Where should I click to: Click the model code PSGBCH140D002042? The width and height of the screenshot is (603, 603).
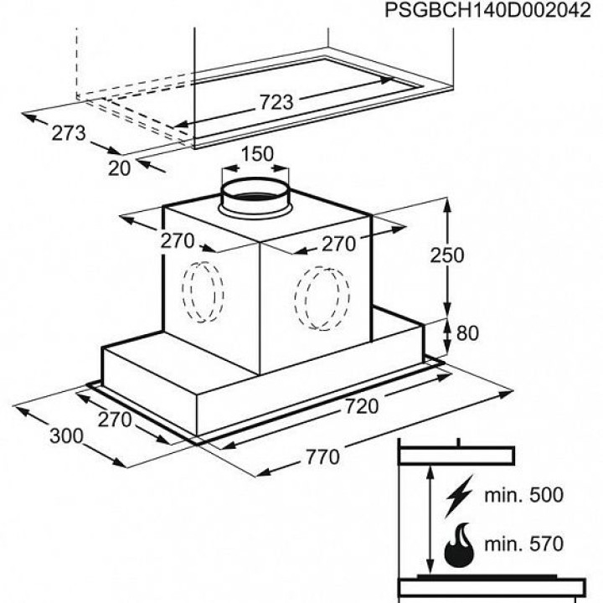pyautogui.click(x=487, y=10)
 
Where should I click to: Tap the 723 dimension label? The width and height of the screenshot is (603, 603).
pyautogui.click(x=276, y=102)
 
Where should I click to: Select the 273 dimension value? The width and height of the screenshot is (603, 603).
pyautogui.click(x=69, y=133)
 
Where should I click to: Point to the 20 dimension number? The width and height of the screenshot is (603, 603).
pyautogui.click(x=119, y=168)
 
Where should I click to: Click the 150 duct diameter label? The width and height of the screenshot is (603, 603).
pyautogui.click(x=257, y=154)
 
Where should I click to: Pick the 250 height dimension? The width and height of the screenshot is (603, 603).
pyautogui.click(x=447, y=255)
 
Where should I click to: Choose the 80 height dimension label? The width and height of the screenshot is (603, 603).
pyautogui.click(x=467, y=333)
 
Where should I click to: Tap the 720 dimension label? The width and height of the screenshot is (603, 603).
pyautogui.click(x=362, y=406)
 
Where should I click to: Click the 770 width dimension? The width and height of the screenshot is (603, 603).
pyautogui.click(x=322, y=457)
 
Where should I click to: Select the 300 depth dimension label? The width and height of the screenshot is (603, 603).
pyautogui.click(x=66, y=436)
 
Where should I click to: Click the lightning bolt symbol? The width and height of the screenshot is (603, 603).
pyautogui.click(x=459, y=497)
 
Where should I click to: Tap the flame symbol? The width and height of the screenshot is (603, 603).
pyautogui.click(x=459, y=545)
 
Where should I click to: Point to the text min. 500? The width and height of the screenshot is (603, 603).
pyautogui.click(x=523, y=495)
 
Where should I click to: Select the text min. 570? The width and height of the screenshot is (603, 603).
pyautogui.click(x=523, y=544)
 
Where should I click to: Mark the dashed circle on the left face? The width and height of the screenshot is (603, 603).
pyautogui.click(x=203, y=292)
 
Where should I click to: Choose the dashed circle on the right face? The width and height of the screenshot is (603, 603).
pyautogui.click(x=322, y=298)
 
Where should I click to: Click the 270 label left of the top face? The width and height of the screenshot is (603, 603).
pyautogui.click(x=178, y=241)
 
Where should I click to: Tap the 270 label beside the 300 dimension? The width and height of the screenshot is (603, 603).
pyautogui.click(x=115, y=420)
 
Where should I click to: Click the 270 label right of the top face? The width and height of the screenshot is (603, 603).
pyautogui.click(x=338, y=245)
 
